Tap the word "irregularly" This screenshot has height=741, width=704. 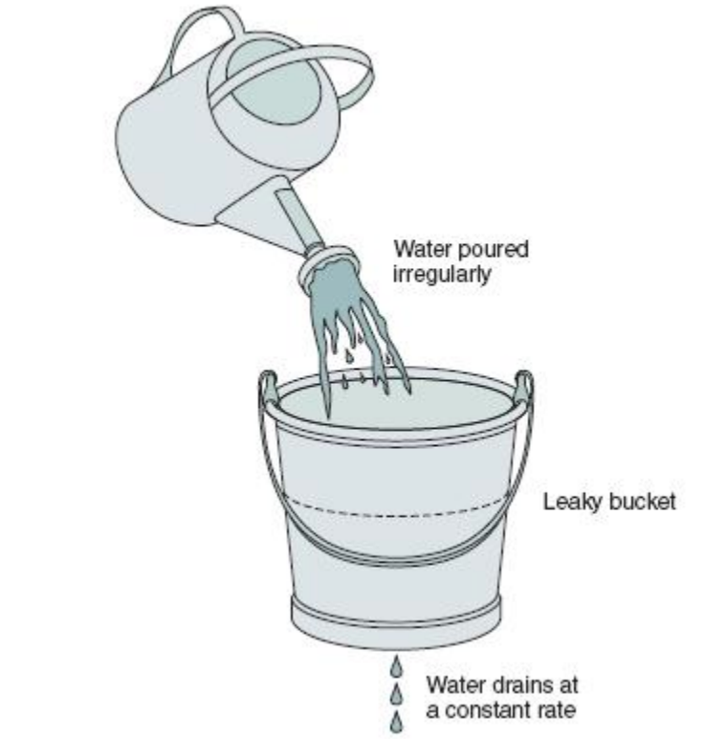442,275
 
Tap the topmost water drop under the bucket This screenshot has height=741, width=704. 397,666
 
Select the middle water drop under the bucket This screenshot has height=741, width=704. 397,693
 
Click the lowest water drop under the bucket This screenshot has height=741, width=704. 397,720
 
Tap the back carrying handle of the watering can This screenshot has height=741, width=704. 203,34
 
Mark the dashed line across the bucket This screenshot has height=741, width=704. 396,509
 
